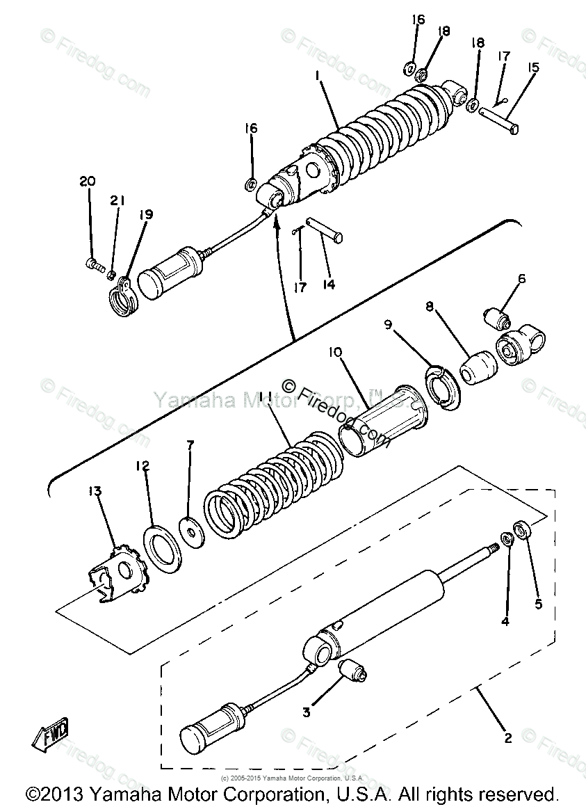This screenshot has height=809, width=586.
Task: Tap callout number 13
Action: [95, 492]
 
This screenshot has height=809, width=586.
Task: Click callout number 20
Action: [88, 182]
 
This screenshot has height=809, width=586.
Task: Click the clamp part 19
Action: [123, 295]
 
